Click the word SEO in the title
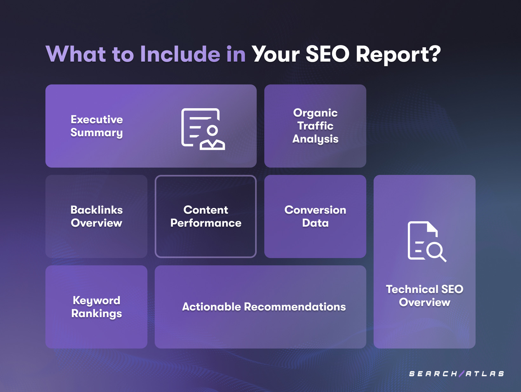point(327,54)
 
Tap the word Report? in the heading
point(398,55)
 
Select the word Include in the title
point(180,54)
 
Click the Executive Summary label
point(97,126)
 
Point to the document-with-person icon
point(203,129)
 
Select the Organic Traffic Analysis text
point(315,126)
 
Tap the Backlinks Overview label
point(97,216)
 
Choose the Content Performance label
point(206,216)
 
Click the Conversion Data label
point(315,216)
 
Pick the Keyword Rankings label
point(97,307)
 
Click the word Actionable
point(212,307)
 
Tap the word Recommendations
point(295,307)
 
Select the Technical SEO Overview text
point(424,296)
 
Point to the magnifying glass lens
point(434,250)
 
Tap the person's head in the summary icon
point(212,130)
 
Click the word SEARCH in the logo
point(433,374)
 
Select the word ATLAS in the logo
point(485,374)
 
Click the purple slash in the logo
point(462,374)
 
